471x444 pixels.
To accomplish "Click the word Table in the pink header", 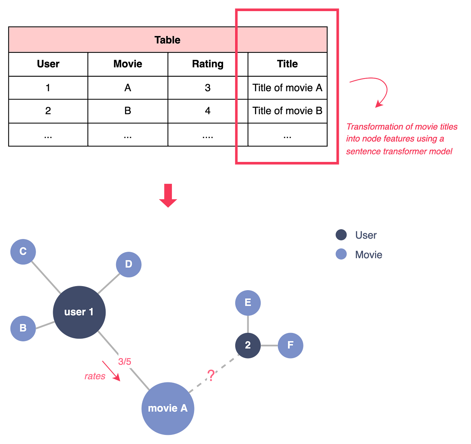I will [167, 40].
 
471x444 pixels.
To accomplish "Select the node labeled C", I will [23, 251].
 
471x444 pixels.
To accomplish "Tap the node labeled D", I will [129, 264].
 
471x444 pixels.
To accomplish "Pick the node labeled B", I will [23, 328].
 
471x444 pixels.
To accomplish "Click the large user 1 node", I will [79, 312].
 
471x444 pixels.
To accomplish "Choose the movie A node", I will [168, 408].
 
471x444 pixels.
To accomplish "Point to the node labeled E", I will [248, 302].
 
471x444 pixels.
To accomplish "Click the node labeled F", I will [290, 345].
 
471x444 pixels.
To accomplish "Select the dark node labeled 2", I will [248, 345].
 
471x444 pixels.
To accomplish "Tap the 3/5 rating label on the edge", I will [124, 362].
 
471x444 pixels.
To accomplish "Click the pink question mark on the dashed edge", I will [211, 375].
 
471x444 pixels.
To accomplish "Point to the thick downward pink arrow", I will [168, 196].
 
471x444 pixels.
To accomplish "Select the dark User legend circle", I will [341, 235].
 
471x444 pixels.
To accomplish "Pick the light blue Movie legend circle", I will [341, 254].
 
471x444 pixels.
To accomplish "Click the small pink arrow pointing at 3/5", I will [111, 371].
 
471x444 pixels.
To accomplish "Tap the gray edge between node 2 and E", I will [248, 324].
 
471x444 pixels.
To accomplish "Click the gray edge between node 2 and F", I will [269, 346].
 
